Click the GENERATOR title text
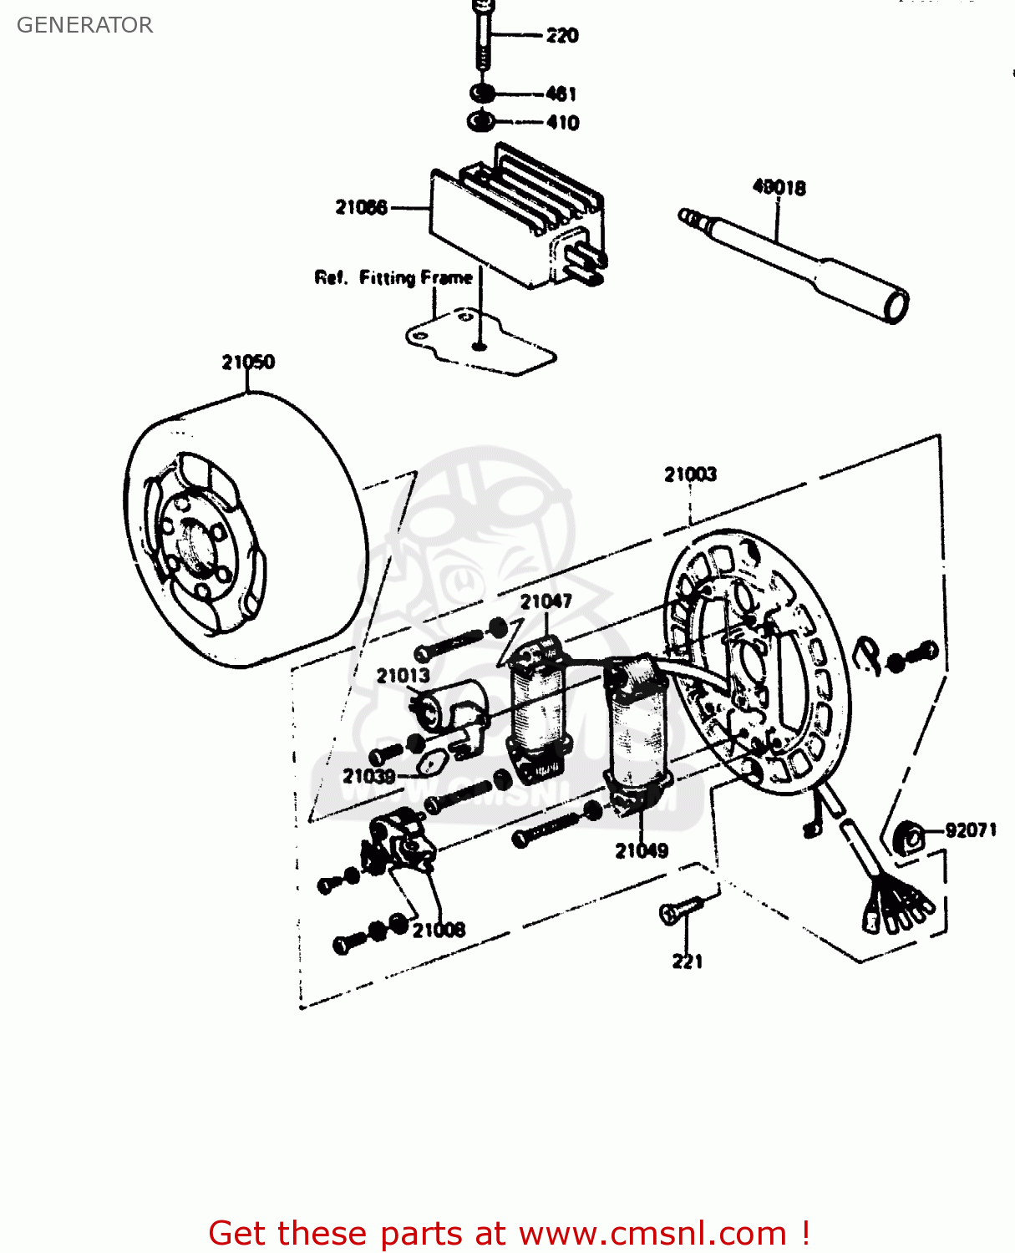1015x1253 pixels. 84,25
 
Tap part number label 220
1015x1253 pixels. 562,35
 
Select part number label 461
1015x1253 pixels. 561,94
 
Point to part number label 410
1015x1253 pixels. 563,123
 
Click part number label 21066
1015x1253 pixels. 361,207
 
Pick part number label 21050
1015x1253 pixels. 248,362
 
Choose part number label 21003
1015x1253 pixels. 690,474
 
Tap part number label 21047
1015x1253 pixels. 546,601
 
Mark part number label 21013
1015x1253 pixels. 403,675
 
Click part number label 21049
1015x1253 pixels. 642,850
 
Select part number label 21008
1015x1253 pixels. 439,930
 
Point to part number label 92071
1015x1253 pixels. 971,830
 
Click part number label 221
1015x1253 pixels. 688,961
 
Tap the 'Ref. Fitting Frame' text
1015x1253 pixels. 393,277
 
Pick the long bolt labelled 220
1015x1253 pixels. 482,38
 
